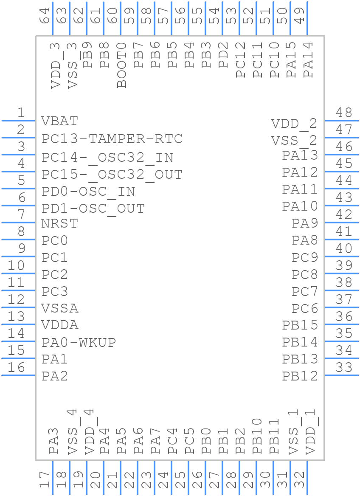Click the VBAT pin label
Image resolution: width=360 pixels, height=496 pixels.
(59, 121)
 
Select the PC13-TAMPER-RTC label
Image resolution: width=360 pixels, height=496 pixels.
(112, 139)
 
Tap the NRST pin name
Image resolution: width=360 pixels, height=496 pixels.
(59, 223)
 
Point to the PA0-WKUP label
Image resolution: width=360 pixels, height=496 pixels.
(79, 342)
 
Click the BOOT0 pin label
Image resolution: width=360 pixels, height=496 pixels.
(122, 65)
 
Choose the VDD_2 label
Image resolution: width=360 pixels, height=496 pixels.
(294, 124)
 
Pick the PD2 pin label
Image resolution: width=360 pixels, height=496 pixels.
(223, 55)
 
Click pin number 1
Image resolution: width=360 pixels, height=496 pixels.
(20, 113)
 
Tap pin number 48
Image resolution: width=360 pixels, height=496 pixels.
(344, 113)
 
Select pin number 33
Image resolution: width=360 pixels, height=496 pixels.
(344, 367)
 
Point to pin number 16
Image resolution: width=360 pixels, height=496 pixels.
(17, 367)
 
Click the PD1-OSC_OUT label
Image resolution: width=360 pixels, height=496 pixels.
(93, 209)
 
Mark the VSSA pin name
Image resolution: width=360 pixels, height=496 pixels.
(60, 308)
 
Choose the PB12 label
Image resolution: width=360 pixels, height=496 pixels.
(300, 376)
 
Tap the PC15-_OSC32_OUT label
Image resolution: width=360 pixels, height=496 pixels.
(112, 175)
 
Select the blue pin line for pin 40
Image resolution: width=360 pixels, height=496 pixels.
(342, 256)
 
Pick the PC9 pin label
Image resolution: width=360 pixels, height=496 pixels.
(304, 257)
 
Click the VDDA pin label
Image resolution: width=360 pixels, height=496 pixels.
(60, 325)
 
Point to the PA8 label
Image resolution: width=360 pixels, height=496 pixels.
(304, 240)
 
